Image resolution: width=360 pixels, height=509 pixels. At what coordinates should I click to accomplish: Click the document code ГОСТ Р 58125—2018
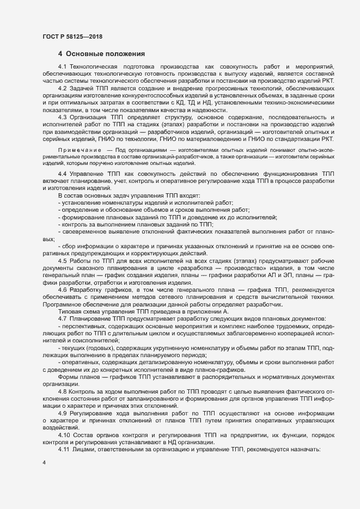click(x=72, y=37)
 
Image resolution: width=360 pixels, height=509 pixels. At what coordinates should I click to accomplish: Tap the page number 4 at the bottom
click(x=44, y=462)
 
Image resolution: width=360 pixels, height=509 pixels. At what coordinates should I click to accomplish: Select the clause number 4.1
click(x=63, y=66)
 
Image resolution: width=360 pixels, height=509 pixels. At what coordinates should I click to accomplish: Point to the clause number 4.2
click(x=63, y=88)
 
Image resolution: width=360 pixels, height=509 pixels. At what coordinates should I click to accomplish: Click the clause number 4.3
click(x=63, y=118)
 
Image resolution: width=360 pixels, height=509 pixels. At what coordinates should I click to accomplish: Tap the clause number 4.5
click(x=63, y=261)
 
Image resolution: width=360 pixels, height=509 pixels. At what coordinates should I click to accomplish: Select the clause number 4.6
click(x=63, y=290)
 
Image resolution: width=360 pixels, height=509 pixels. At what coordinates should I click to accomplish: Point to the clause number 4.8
click(x=63, y=391)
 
